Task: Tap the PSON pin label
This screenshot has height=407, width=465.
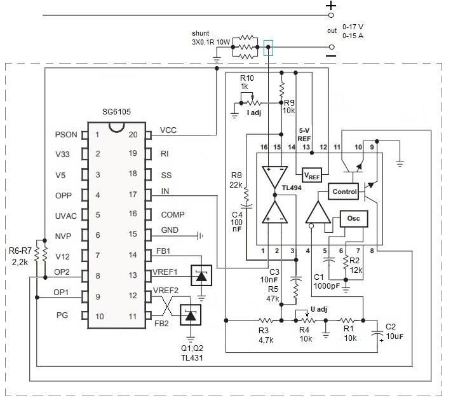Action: [66, 135]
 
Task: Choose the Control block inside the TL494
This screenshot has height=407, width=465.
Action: [343, 191]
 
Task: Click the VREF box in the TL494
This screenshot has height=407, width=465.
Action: [312, 174]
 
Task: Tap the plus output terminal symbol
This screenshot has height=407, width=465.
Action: [330, 6]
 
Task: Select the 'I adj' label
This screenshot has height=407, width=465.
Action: [253, 113]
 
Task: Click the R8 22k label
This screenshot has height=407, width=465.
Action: [236, 180]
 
